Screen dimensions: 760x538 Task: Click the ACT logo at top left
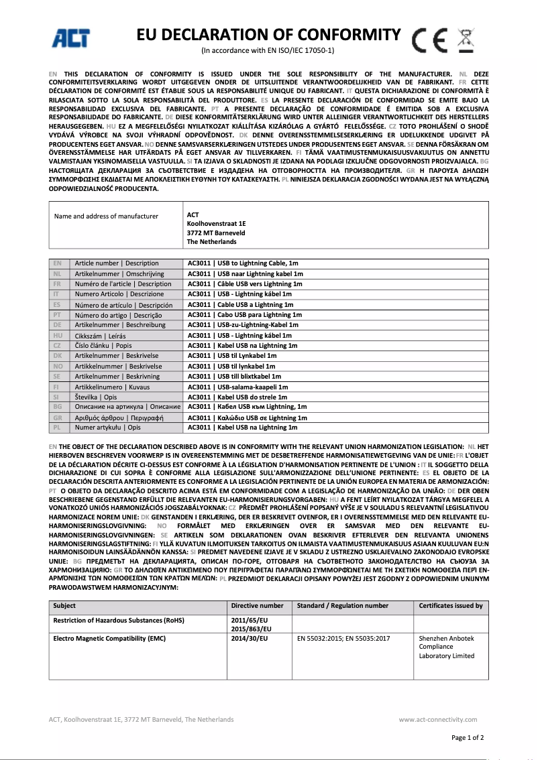[x=71, y=38]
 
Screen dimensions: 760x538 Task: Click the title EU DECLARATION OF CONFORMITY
[x=268, y=35]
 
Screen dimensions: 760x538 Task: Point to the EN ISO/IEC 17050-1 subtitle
[x=268, y=51]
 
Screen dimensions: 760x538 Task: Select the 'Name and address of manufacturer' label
[x=106, y=216]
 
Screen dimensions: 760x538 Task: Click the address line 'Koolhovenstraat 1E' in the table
[x=216, y=224]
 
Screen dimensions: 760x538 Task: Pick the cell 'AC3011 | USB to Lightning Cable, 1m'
[x=243, y=263]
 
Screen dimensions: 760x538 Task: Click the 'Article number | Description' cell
[x=117, y=263]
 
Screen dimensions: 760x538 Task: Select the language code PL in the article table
[x=57, y=428]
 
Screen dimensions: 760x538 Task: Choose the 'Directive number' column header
[x=257, y=606]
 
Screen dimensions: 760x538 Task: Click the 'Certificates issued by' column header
[x=450, y=606]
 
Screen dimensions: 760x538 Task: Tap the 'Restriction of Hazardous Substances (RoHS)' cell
[x=119, y=621]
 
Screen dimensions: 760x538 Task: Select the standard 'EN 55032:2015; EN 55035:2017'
[x=343, y=639]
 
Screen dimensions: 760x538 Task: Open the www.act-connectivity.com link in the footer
[x=441, y=720]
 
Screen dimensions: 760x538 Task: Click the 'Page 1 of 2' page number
[x=468, y=738]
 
